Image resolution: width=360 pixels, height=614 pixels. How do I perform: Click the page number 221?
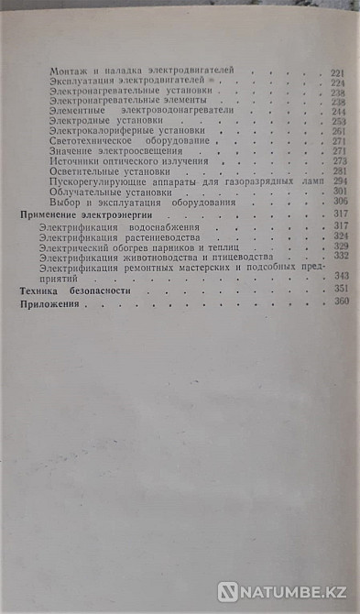pos(337,71)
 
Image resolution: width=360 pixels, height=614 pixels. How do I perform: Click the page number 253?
pos(338,121)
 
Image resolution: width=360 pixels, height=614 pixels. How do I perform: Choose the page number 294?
pos(338,182)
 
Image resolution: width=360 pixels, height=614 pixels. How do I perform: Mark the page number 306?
pos(338,203)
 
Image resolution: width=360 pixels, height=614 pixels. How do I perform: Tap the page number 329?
pos(339,247)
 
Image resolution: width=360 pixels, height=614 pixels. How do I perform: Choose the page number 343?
pos(339,278)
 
